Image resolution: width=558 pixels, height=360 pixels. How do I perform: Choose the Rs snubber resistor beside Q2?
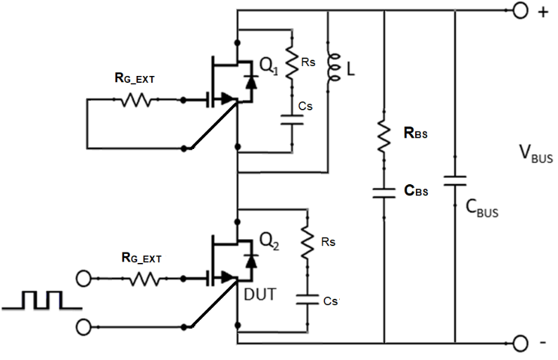pyautogui.click(x=307, y=242)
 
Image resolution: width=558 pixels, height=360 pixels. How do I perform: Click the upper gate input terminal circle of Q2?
pyautogui.click(x=84, y=278)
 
